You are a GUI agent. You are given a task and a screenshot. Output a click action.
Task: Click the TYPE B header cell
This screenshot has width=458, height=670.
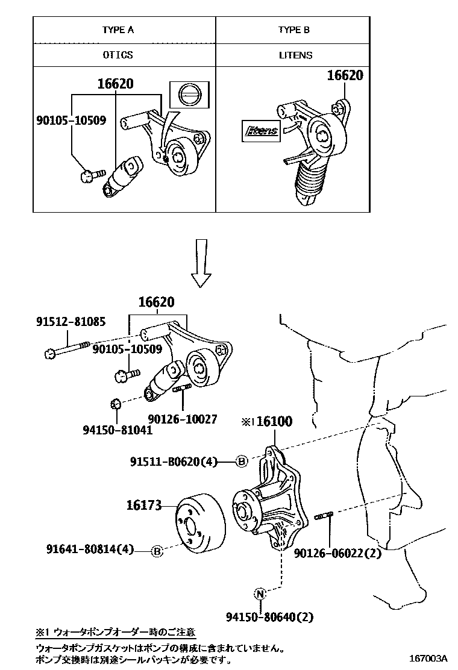tap(293, 30)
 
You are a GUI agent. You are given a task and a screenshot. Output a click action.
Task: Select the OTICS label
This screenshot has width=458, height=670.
tap(118, 55)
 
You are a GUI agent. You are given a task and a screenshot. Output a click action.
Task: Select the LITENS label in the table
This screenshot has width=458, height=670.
tap(295, 55)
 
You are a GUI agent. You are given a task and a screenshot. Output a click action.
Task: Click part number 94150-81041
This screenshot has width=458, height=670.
tap(117, 430)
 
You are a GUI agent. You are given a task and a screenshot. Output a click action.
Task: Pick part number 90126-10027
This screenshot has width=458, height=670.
tap(183, 419)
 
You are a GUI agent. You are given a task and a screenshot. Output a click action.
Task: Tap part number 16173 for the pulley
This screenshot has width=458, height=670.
tap(144, 506)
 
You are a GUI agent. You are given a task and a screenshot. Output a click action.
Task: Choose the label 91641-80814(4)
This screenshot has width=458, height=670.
tap(90, 549)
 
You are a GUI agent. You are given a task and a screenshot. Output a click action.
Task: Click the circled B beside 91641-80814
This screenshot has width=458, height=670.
tap(156, 550)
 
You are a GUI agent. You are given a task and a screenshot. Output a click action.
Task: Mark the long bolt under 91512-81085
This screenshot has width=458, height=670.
tap(67, 349)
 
